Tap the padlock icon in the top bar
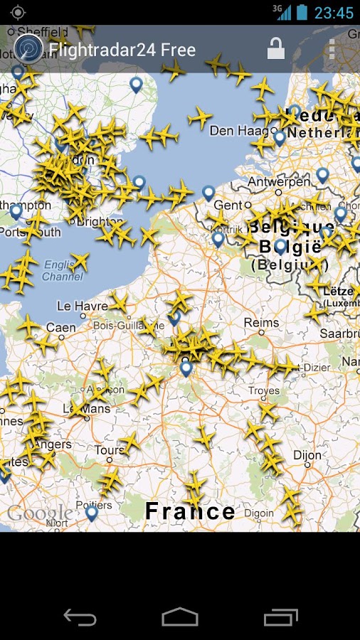click(x=275, y=49)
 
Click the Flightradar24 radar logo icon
click(x=28, y=48)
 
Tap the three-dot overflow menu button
click(x=332, y=49)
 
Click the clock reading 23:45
click(x=334, y=13)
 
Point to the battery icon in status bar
click(x=302, y=12)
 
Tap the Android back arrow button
click(x=80, y=617)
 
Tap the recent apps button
click(x=280, y=617)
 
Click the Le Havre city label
click(x=82, y=306)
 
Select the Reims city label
click(x=261, y=323)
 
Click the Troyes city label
click(x=263, y=390)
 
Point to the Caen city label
click(x=60, y=328)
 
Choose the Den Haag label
click(x=232, y=131)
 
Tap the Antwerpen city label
click(x=278, y=182)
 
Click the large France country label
click(x=190, y=511)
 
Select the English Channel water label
click(x=62, y=270)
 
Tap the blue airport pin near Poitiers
click(x=92, y=512)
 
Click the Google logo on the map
click(x=39, y=513)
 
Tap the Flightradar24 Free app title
click(x=122, y=50)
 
